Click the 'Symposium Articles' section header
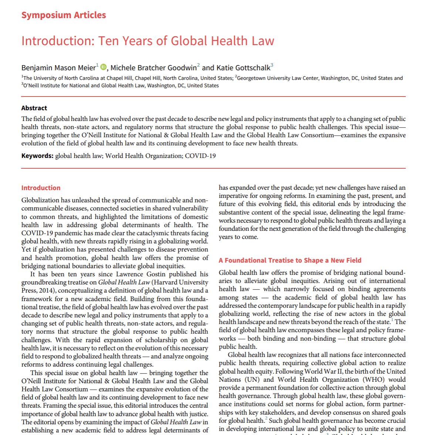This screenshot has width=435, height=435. tap(64, 15)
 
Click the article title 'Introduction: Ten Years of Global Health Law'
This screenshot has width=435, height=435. tap(148, 41)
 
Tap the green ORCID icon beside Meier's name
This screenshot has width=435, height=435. tap(104, 67)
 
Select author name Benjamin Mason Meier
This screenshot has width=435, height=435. tap(58, 68)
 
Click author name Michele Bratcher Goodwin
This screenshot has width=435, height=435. tap(154, 68)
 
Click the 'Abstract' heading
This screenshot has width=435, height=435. tap(34, 108)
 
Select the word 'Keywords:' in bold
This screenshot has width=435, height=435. tap(37, 156)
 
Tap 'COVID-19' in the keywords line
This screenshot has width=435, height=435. tap(200, 156)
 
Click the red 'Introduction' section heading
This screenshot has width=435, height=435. tap(41, 188)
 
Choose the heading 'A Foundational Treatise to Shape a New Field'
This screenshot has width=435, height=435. tap(290, 260)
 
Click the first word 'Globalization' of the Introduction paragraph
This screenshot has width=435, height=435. tap(40, 200)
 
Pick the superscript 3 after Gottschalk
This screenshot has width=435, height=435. tap(272, 65)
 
